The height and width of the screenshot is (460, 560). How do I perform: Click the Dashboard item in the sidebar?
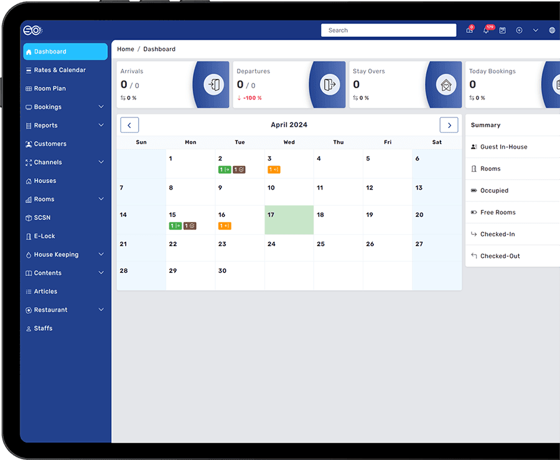[x=65, y=52]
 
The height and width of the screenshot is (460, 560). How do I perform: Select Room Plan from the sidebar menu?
[x=45, y=88]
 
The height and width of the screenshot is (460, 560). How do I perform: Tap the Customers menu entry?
[x=46, y=144]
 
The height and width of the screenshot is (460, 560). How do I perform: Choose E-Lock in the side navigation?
[x=40, y=236]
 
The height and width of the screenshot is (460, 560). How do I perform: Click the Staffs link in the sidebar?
[x=39, y=328]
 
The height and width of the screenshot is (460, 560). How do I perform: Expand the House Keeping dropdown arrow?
[x=101, y=254]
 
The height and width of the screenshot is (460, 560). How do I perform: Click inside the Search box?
[x=388, y=30]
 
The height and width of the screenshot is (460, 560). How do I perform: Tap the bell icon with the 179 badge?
[x=487, y=30]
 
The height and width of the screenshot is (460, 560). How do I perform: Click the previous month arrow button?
[x=129, y=125]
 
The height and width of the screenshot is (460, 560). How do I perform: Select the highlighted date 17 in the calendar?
[x=289, y=220]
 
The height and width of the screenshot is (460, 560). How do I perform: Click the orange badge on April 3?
[x=274, y=170]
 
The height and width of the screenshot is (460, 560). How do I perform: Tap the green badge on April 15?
[x=175, y=226]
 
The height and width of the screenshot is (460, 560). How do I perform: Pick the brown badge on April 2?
[x=239, y=170]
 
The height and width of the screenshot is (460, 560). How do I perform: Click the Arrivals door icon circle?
[x=214, y=85]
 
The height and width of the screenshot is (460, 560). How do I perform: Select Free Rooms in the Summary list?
[x=498, y=213]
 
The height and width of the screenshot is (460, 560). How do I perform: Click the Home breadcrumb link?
[x=126, y=49]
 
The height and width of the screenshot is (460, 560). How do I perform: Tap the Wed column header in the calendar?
[x=289, y=142]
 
